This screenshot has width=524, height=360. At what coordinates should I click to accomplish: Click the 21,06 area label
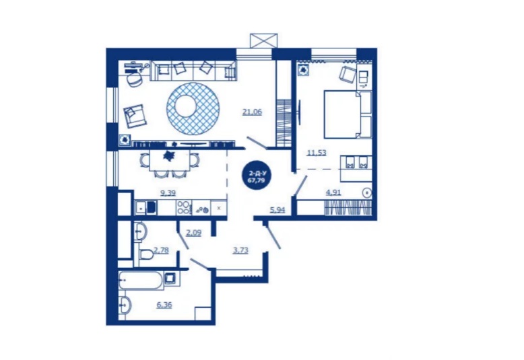click(x=253, y=112)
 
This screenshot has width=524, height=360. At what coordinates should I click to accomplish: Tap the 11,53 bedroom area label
click(x=317, y=153)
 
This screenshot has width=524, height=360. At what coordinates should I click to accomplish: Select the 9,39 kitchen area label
click(x=168, y=192)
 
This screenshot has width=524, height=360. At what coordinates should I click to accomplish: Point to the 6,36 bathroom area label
click(x=164, y=305)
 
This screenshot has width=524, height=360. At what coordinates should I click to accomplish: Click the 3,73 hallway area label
click(x=240, y=250)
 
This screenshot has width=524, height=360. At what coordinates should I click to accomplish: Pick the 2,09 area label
click(x=194, y=232)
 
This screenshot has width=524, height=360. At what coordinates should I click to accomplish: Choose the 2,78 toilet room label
click(x=161, y=250)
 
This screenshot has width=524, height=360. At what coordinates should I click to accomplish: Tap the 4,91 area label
click(x=333, y=192)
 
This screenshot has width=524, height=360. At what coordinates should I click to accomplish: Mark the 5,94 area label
click(x=277, y=210)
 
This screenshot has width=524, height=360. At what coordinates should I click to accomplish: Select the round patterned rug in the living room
click(x=193, y=108)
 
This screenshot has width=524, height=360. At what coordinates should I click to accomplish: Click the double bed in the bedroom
click(x=348, y=114)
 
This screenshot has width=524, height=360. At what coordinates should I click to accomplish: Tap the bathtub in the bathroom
click(x=141, y=280)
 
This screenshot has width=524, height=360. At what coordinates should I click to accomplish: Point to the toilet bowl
click(x=145, y=254)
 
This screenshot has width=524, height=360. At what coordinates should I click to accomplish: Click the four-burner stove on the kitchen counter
click(x=183, y=207)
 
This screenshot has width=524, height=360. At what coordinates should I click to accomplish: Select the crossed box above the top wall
click(x=263, y=41)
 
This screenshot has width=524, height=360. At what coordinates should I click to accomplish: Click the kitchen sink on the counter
click(x=145, y=207)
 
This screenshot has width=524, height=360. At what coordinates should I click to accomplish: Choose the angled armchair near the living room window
click(x=134, y=115)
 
